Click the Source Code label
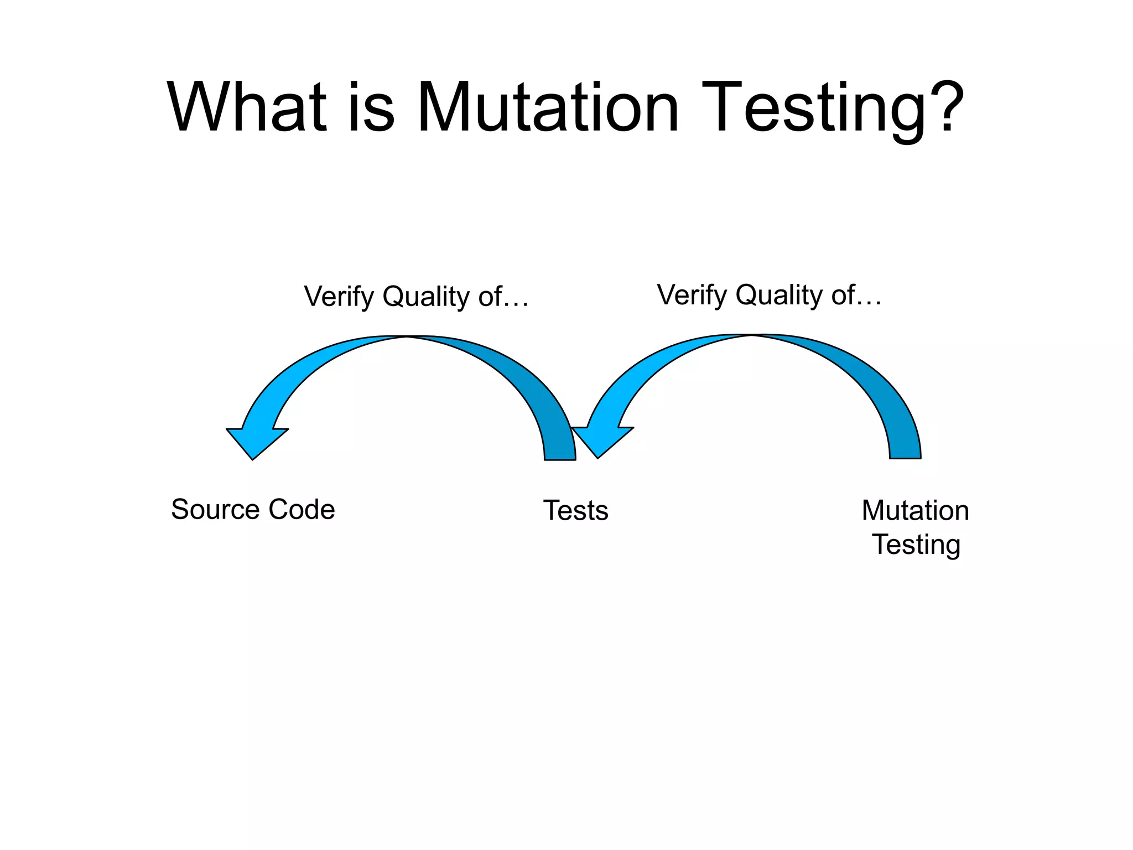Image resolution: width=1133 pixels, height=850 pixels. coord(253,509)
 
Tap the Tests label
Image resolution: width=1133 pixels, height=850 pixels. coord(575,510)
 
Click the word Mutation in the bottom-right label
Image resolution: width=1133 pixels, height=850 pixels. coord(915,510)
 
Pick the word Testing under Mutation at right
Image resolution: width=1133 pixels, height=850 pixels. coord(916,545)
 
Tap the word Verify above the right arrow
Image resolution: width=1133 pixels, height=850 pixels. coord(692,295)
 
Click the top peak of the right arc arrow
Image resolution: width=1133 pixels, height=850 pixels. coord(752,336)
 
